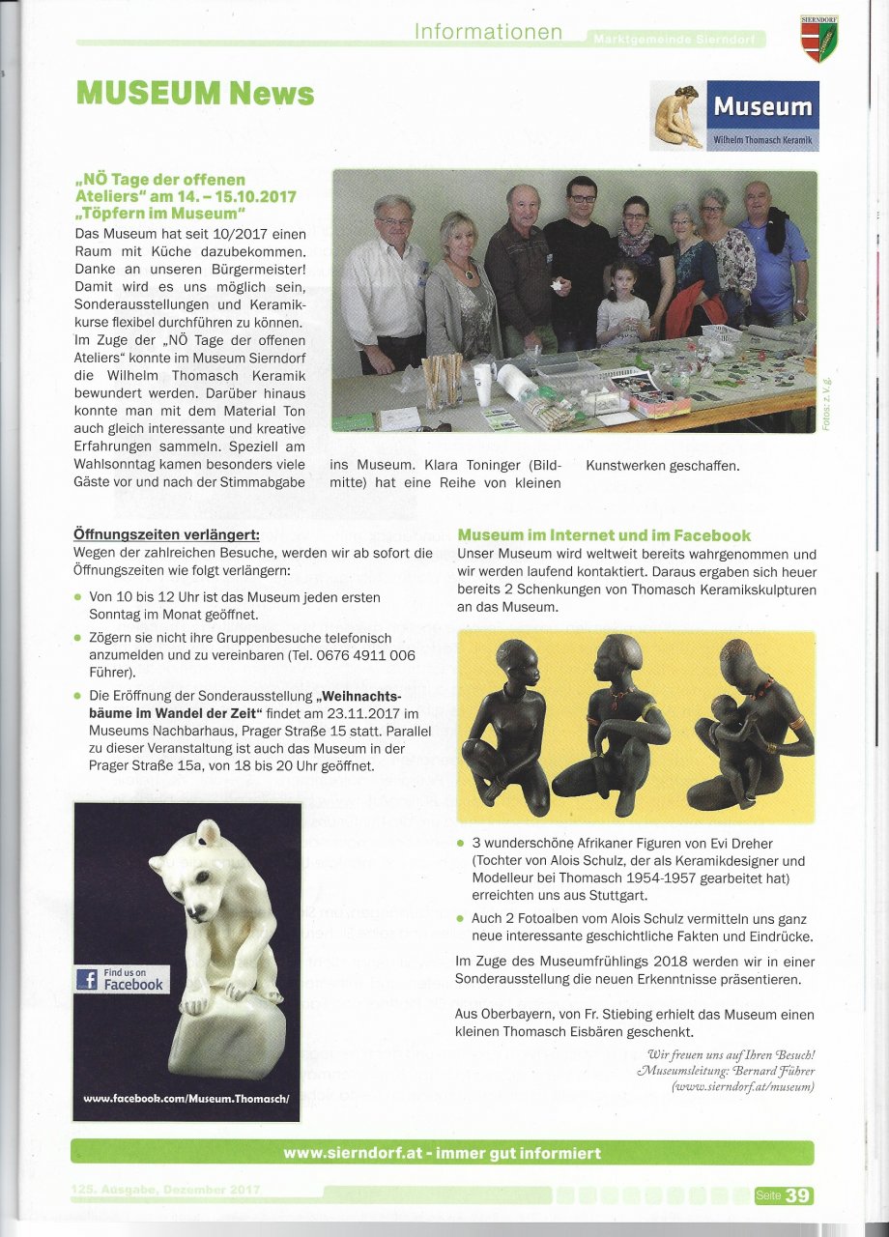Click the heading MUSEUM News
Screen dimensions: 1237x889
(x=194, y=93)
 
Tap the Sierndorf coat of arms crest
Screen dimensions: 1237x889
(x=819, y=40)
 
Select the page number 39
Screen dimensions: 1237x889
(x=798, y=1195)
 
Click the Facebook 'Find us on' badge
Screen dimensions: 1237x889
(x=122, y=979)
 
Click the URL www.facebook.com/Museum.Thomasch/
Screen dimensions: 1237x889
(x=186, y=1099)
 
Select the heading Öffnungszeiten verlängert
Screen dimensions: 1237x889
(x=166, y=535)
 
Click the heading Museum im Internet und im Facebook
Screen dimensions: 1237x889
(x=604, y=535)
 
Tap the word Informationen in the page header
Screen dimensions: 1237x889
(x=488, y=32)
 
